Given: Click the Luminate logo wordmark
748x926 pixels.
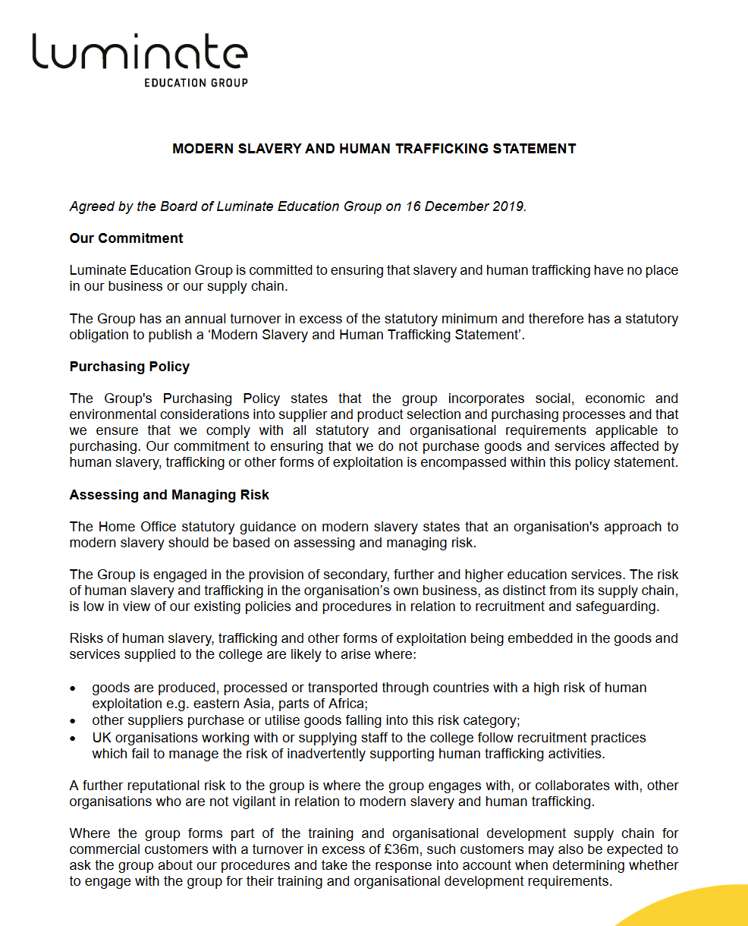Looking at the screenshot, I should pyautogui.click(x=140, y=53).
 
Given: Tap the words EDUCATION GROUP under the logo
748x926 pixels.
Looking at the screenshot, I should pyautogui.click(x=196, y=82).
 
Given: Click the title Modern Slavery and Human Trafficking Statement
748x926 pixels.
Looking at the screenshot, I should pyautogui.click(x=374, y=149).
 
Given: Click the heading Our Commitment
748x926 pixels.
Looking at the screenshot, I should pyautogui.click(x=126, y=238).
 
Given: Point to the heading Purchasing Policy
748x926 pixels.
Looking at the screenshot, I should pyautogui.click(x=129, y=367).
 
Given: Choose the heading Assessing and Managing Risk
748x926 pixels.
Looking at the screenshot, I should pyautogui.click(x=169, y=495).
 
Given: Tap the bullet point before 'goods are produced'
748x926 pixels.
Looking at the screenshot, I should pyautogui.click(x=73, y=688).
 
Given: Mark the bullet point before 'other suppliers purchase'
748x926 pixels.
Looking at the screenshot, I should pyautogui.click(x=73, y=721).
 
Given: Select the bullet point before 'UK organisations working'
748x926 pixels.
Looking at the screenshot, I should pyautogui.click(x=73, y=738).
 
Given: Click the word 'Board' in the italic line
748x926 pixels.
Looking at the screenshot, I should pyautogui.click(x=174, y=206).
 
